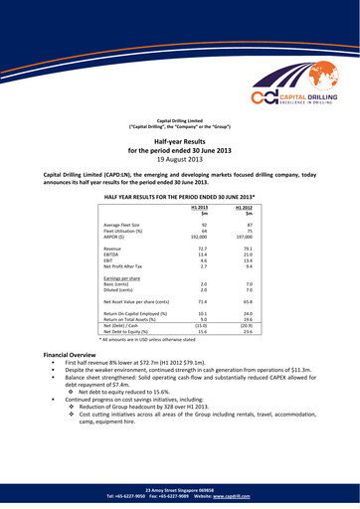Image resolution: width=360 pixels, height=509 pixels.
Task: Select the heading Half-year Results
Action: (180, 143)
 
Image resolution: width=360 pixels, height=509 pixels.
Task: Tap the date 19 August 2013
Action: (180, 158)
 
